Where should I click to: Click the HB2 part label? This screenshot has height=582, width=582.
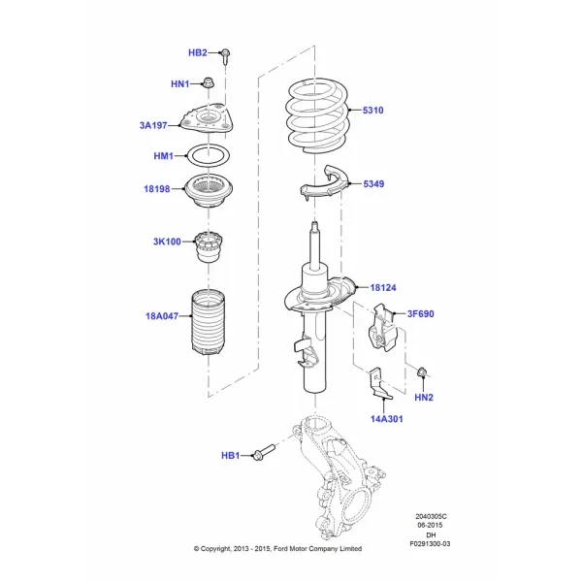198,52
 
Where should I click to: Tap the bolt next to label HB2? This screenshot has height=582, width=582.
225,56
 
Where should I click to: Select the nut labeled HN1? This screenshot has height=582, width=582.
209,82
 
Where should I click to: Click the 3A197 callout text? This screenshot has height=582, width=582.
153,125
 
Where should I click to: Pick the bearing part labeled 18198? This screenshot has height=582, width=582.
209,191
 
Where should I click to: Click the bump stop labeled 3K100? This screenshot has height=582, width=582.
209,246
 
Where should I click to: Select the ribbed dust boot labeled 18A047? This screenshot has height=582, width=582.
208,323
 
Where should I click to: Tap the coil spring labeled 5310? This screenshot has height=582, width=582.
317,116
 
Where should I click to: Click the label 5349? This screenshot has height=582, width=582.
373,183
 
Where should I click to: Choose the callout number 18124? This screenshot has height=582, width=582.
383,288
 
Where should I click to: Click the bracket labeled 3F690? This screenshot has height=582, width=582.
383,328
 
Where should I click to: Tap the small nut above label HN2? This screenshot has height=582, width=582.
422,372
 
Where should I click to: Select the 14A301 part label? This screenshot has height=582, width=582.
386,419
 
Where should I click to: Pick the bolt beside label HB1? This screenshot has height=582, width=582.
263,452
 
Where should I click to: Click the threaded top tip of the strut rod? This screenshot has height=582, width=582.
314,225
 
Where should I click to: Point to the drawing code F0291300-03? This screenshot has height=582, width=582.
430,544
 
